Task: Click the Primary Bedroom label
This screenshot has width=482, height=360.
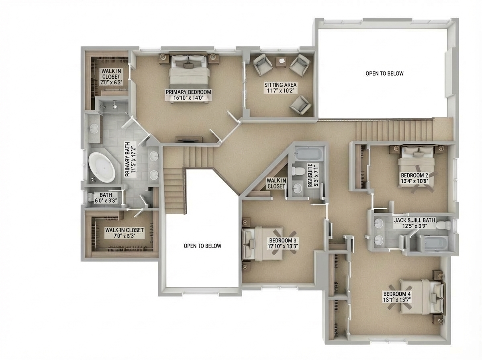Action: coord(188,92)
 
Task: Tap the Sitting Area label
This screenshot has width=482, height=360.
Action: coord(280,85)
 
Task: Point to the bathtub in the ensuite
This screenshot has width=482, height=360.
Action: coord(308,153)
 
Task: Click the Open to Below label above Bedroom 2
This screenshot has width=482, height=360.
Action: coord(384,74)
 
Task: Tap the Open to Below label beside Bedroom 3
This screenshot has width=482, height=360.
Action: coord(202,246)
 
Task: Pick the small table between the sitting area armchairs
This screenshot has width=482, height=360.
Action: coord(281,61)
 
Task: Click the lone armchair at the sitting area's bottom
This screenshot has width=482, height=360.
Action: coord(300,104)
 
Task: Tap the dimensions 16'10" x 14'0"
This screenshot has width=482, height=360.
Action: coord(188,98)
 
